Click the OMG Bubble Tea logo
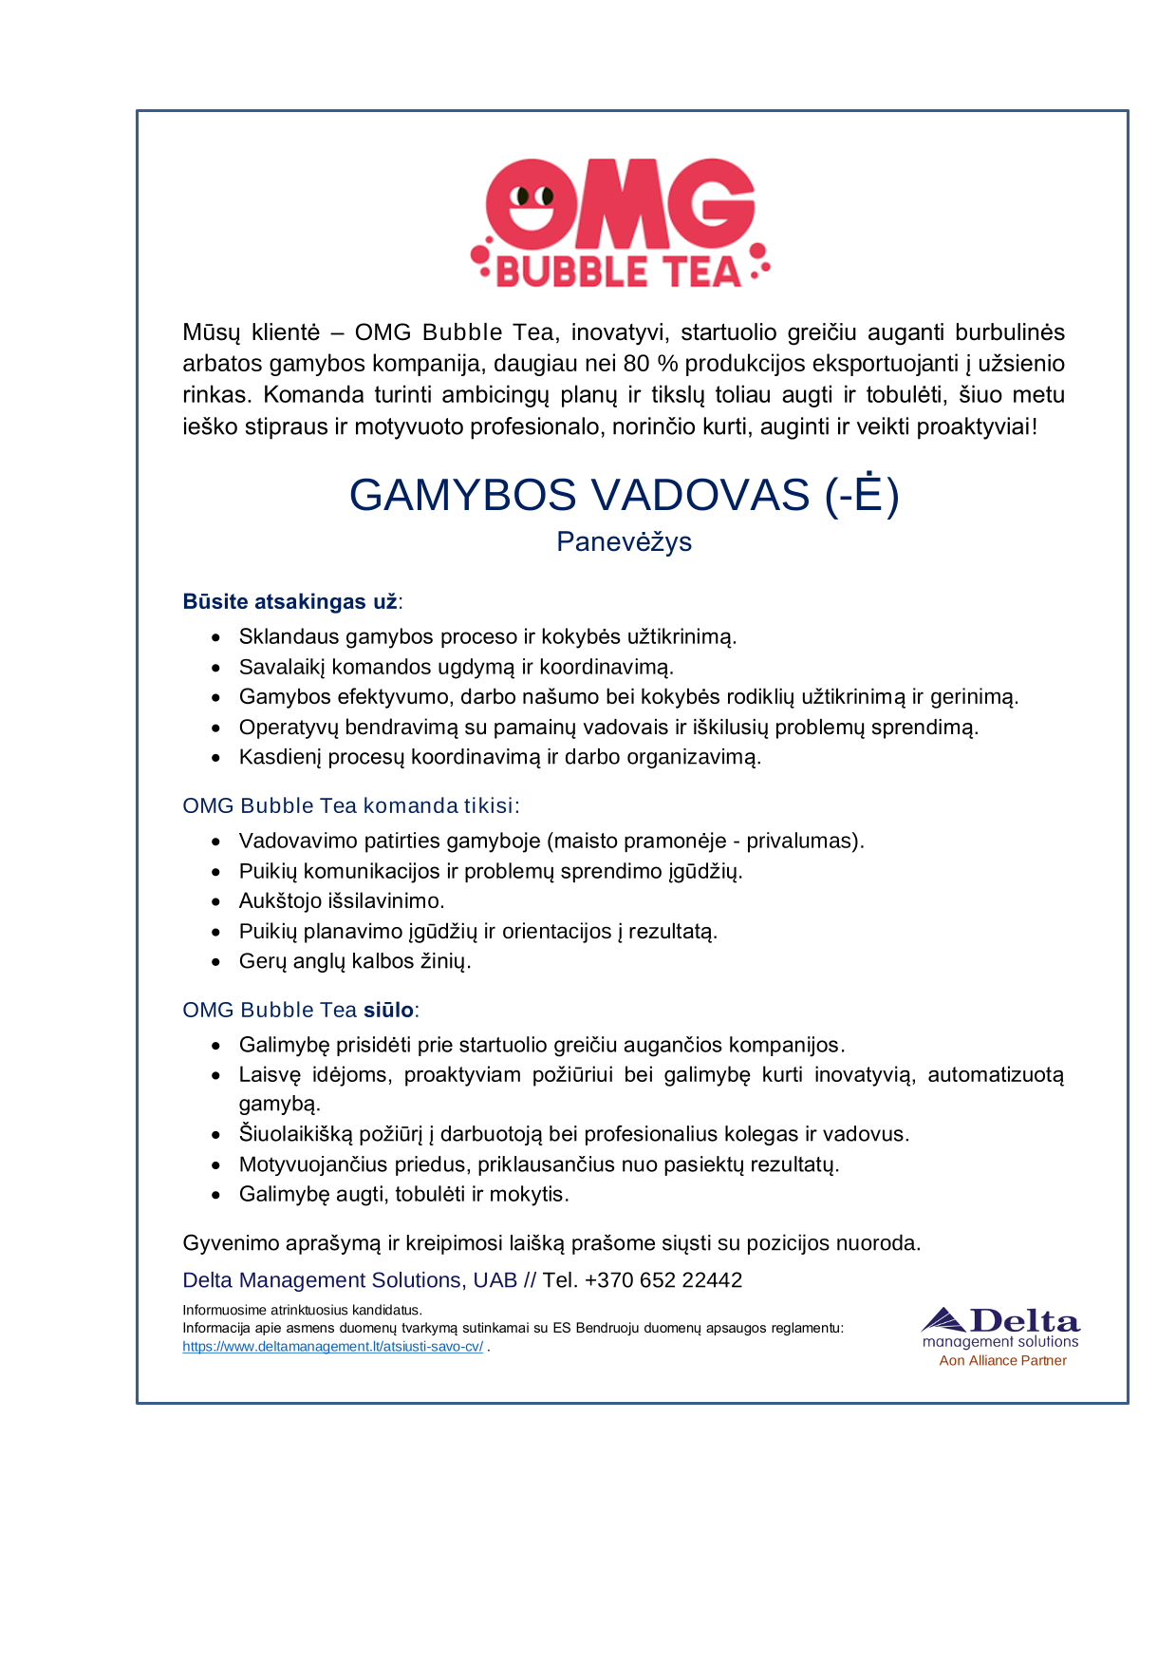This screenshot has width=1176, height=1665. [x=620, y=224]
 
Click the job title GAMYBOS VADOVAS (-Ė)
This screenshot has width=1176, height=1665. [x=624, y=495]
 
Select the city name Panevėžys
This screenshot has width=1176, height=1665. [x=624, y=541]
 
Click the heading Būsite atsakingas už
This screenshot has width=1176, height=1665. [x=290, y=601]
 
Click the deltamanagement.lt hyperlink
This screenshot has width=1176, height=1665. [x=332, y=1346]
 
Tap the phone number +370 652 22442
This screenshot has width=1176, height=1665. [x=663, y=1280]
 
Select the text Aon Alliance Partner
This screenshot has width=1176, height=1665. [x=1002, y=1360]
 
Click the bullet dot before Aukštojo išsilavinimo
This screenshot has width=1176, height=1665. [x=217, y=902]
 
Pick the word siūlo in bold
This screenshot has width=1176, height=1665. [x=388, y=1010]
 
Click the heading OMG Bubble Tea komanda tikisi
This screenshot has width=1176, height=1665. [x=350, y=805]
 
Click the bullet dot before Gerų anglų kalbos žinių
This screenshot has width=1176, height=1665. [x=217, y=962]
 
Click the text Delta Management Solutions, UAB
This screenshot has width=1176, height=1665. [x=349, y=1280]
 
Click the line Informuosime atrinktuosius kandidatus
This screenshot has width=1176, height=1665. [x=302, y=1310]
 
